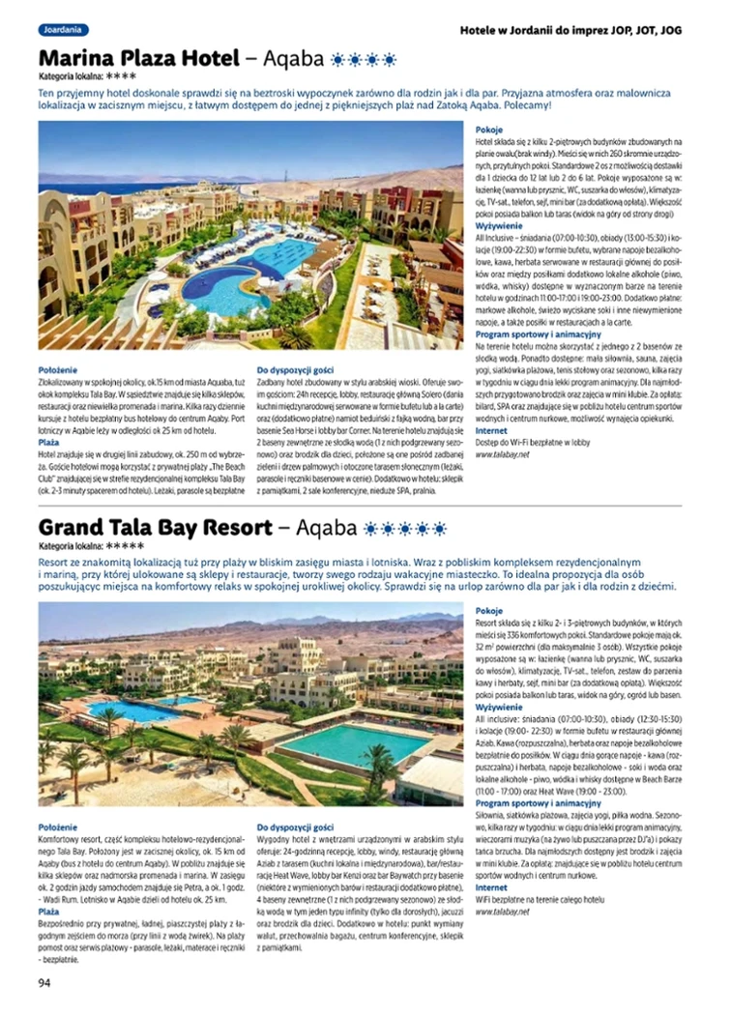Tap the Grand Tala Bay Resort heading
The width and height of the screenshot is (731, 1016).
155,528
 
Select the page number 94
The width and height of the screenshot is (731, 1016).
44,982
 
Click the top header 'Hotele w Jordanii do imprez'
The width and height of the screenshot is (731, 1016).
571,30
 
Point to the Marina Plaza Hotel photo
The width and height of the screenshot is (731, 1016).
251,235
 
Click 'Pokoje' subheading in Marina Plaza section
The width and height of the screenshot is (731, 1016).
489,129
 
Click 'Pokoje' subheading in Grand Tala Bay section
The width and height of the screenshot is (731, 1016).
489,611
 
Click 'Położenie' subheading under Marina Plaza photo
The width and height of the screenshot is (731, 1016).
60,370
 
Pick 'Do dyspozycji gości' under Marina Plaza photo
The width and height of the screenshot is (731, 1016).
295,370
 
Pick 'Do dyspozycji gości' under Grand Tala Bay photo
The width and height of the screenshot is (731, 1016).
295,827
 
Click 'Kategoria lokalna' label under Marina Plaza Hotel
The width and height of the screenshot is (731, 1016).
71,75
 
